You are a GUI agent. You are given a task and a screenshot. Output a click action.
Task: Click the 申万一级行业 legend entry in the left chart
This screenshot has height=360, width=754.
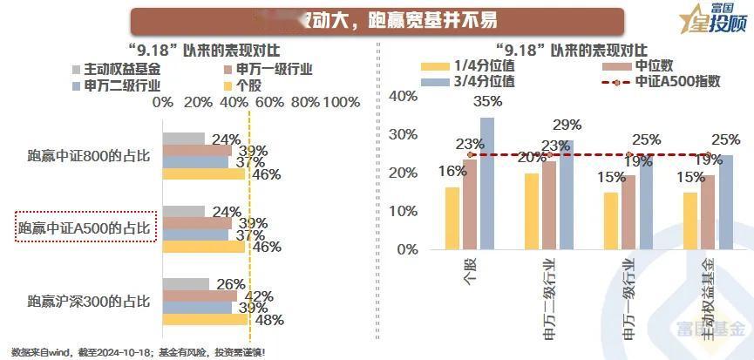tap(262, 69)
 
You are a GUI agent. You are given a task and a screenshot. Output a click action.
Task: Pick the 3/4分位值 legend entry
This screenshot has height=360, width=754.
tap(483, 82)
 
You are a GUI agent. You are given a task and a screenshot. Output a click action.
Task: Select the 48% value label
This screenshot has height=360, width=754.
tap(268, 321)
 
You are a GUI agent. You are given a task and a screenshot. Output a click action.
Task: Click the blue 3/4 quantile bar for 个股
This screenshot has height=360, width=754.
tap(486, 183)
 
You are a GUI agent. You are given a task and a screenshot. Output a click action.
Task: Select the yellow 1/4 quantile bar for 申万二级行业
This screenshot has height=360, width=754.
tap(532, 211)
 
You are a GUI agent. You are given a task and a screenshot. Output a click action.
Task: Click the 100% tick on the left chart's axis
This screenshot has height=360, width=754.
tap(342, 103)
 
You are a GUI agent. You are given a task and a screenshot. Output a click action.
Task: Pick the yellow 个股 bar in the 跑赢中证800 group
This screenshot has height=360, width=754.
tap(205, 173)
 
